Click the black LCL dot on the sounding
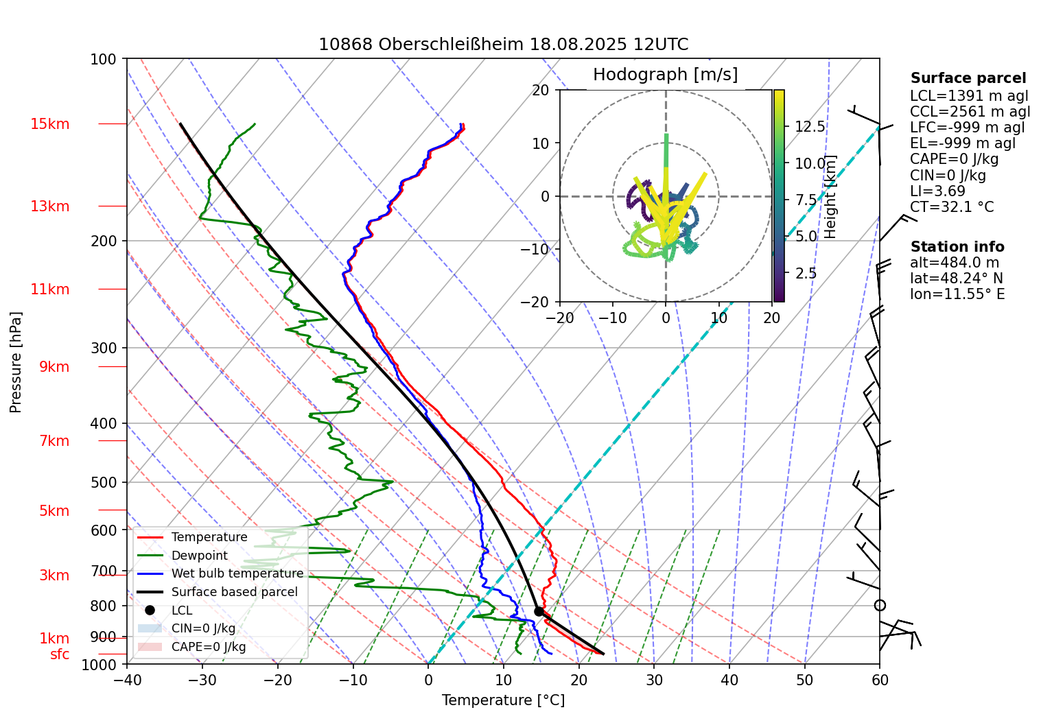click(x=539, y=611)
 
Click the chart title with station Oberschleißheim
click(x=503, y=45)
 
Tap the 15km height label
click(x=49, y=124)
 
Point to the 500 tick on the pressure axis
click(x=104, y=482)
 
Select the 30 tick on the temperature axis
click(x=654, y=680)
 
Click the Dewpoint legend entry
click(x=199, y=556)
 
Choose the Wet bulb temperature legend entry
click(x=237, y=573)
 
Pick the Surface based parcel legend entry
click(x=234, y=592)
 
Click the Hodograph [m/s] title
click(x=665, y=75)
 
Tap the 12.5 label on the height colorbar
click(x=810, y=127)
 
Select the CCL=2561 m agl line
click(x=970, y=112)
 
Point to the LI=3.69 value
click(x=937, y=191)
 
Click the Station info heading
click(x=957, y=247)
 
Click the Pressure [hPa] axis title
click(x=16, y=362)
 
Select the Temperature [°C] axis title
click(x=503, y=700)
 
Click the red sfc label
click(x=60, y=654)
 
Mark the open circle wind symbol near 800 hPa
click(x=880, y=605)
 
